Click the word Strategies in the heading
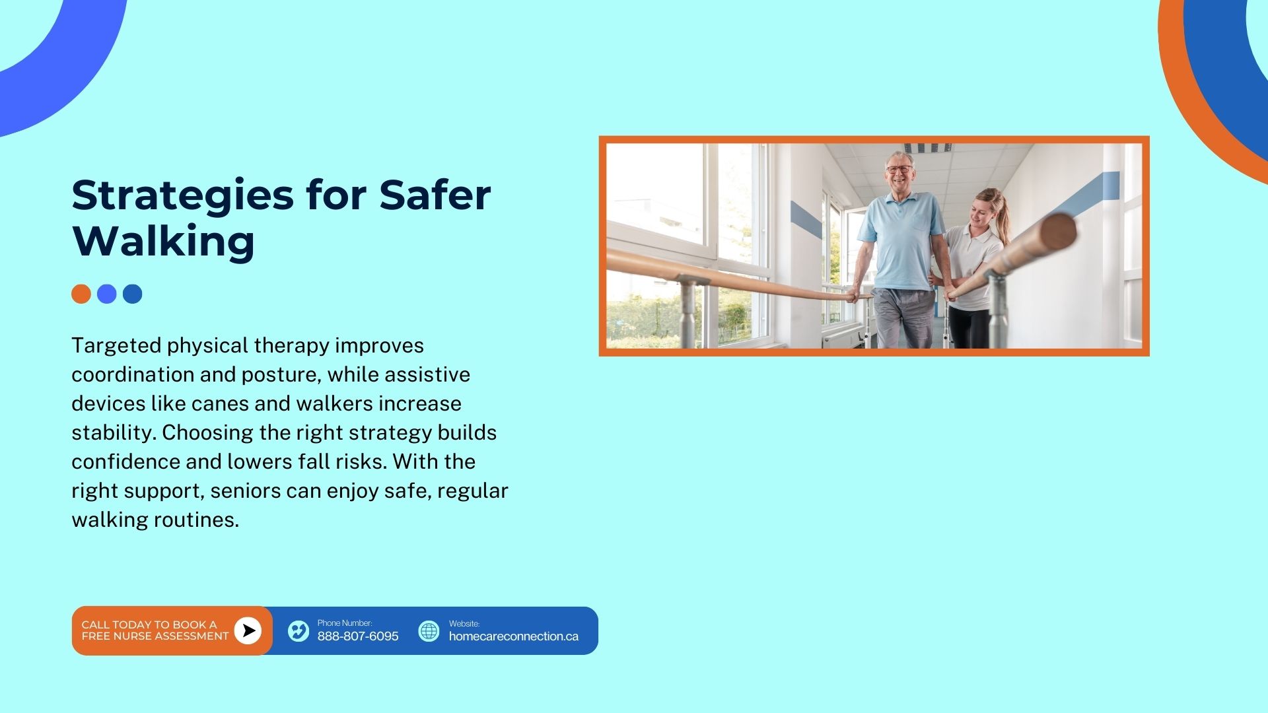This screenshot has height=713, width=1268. point(182,197)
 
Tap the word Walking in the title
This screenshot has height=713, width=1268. point(163,241)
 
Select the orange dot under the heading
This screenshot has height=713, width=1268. point(81,294)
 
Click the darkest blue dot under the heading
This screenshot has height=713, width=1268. point(133,294)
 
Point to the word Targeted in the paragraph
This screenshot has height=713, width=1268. point(116,346)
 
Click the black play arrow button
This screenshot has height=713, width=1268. point(248,631)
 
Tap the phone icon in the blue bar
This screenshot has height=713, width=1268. point(299,631)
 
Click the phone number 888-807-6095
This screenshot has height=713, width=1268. point(358,636)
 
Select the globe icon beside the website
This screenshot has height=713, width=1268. point(429,631)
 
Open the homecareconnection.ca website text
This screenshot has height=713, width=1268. point(514,636)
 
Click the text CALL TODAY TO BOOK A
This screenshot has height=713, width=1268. point(149,625)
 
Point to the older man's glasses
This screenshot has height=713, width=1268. point(898,170)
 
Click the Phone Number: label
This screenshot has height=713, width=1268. point(345,623)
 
